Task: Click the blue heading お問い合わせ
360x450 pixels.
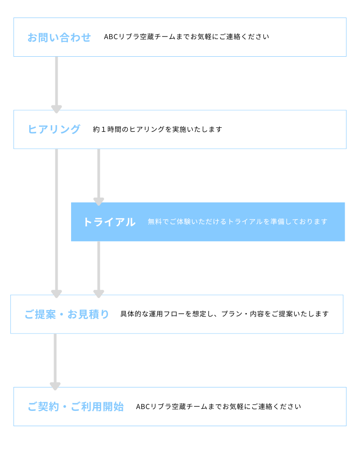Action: coord(59,38)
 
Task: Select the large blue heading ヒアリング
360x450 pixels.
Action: coord(54,130)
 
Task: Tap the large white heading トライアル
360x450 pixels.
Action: coord(109,222)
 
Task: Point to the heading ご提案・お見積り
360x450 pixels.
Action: coord(67,315)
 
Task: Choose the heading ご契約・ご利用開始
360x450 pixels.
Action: coord(76,407)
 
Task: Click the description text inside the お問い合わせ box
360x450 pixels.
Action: coord(187,37)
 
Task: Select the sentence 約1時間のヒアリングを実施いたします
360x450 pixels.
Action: coord(157,130)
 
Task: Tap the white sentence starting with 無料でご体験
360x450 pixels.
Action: coord(238,221)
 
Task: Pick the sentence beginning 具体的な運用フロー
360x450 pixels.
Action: coord(225,314)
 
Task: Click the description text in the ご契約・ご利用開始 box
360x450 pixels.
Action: coord(218,407)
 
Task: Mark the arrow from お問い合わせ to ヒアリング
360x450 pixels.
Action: coord(57,85)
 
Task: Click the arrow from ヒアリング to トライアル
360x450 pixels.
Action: coord(99,177)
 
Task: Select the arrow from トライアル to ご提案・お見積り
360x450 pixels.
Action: coord(99,270)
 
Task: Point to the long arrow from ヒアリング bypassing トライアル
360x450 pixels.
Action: coord(57,223)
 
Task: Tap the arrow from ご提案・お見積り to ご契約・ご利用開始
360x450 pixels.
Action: coord(55,362)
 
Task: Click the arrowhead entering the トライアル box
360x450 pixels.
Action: coord(99,202)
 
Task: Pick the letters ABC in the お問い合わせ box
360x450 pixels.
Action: coord(111,37)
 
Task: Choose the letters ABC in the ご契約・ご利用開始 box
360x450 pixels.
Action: coord(143,407)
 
